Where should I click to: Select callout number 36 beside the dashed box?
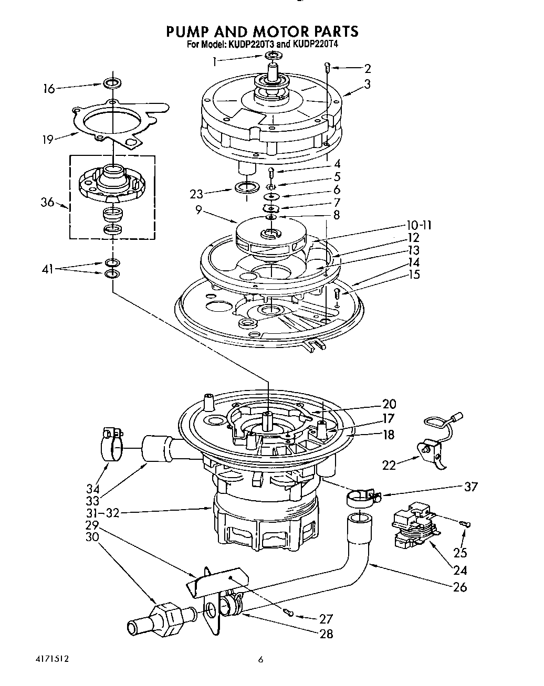click(48, 202)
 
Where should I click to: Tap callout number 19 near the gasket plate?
click(48, 139)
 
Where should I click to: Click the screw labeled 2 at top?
click(327, 67)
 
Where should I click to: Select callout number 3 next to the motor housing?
click(367, 83)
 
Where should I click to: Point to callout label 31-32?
click(102, 513)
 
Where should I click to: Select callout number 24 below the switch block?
click(460, 569)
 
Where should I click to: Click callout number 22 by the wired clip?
click(389, 464)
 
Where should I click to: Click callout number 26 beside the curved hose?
click(460, 587)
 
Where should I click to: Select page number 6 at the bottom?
click(260, 660)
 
